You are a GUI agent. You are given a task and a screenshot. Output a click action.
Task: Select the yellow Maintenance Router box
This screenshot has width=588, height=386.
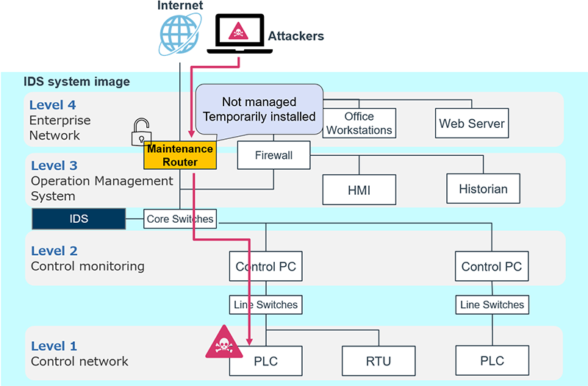[x=180, y=155]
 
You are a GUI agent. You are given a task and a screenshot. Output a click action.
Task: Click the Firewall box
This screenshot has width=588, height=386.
[x=274, y=156]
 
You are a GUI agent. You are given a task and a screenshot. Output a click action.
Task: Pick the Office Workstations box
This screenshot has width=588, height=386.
[x=359, y=124]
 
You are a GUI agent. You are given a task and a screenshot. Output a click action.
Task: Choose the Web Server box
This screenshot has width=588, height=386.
[x=472, y=124]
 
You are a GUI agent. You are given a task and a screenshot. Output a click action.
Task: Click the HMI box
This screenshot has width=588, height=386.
[x=359, y=190]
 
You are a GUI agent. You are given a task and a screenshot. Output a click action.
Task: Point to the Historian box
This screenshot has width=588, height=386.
[x=483, y=189]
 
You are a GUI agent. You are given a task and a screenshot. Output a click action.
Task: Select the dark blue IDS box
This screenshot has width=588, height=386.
[x=78, y=218]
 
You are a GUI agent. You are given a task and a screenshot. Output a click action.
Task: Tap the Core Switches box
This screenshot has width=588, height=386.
[x=180, y=218]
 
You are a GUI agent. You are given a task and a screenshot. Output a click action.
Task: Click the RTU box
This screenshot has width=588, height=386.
[x=378, y=360]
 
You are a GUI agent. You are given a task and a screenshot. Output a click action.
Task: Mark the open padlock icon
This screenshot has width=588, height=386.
[x=142, y=132]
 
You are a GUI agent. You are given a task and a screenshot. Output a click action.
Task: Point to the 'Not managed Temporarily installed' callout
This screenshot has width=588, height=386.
[x=259, y=109]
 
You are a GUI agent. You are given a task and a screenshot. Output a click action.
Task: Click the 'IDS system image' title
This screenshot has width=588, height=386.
[x=77, y=82]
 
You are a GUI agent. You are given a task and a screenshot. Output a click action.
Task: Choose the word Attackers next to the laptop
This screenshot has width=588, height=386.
[x=295, y=36]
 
